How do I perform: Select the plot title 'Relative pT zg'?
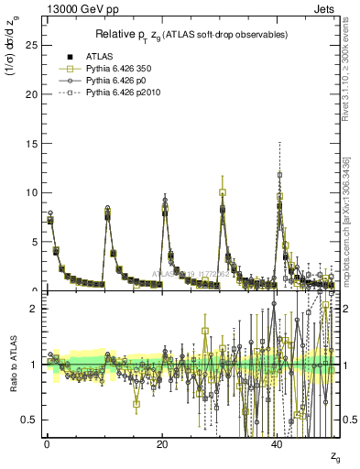click(x=191, y=34)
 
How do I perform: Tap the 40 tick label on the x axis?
click(x=278, y=444)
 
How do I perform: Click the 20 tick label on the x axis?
click(x=161, y=444)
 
